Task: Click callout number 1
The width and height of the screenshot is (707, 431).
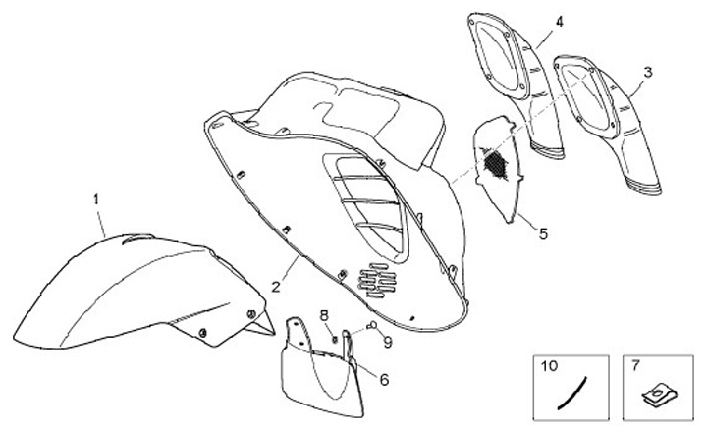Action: (x=96, y=198)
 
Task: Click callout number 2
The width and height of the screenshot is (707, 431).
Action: (x=278, y=287)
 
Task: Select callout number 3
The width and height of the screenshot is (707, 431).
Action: (x=647, y=72)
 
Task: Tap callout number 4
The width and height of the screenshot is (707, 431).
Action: (x=559, y=21)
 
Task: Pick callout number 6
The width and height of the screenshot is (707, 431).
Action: (x=384, y=379)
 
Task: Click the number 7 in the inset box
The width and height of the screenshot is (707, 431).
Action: (x=635, y=366)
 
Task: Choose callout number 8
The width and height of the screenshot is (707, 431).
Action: (x=323, y=314)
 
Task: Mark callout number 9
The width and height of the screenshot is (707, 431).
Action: (x=387, y=342)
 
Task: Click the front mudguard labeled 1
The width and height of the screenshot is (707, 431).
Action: (x=147, y=290)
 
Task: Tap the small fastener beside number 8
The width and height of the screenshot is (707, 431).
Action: (x=334, y=337)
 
